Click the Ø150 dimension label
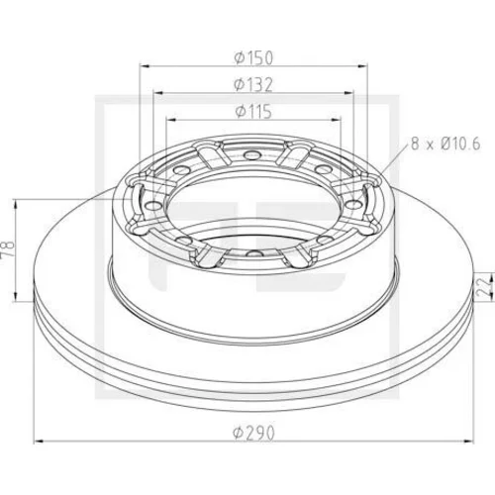(253, 57)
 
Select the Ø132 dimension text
(253, 85)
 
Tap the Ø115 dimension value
(253, 111)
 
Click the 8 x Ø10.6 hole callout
(445, 145)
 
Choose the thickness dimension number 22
(485, 287)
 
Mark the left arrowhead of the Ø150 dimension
(145, 66)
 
